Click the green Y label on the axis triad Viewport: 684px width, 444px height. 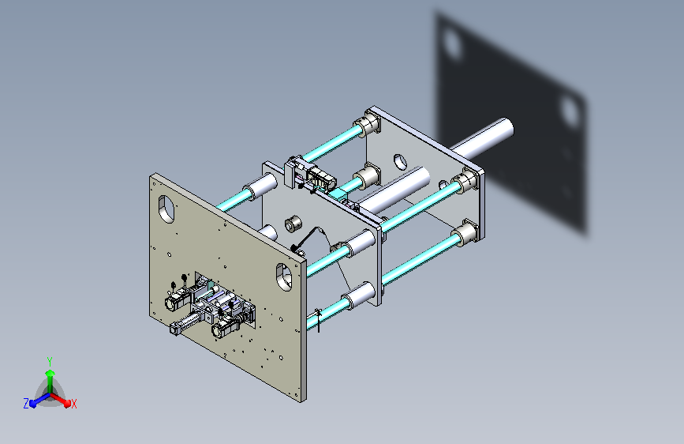pyautogui.click(x=50, y=362)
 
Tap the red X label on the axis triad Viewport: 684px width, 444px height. pyautogui.click(x=73, y=404)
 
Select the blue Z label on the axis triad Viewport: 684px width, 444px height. pyautogui.click(x=26, y=404)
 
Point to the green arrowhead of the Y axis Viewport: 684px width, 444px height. pyautogui.click(x=50, y=374)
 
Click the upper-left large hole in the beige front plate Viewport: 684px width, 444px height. pyautogui.click(x=166, y=209)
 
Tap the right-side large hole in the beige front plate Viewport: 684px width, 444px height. pyautogui.click(x=284, y=277)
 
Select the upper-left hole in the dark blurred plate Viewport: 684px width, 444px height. pyautogui.click(x=453, y=43)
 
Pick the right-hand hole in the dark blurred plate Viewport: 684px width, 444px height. pyautogui.click(x=570, y=111)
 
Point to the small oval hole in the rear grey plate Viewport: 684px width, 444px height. pyautogui.click(x=400, y=162)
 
